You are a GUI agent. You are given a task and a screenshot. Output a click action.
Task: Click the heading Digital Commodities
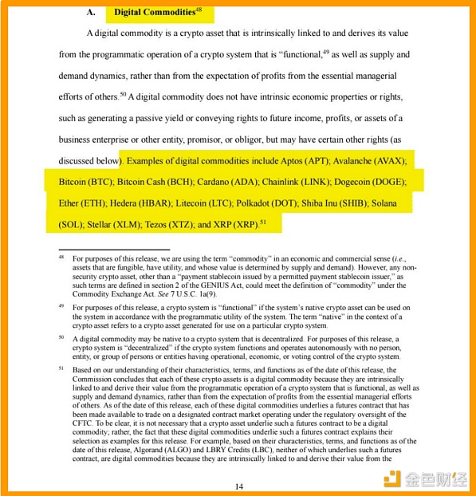[153, 12]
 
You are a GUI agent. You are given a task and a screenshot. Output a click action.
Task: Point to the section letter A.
[90, 13]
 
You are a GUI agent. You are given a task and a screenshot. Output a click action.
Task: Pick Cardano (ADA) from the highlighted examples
[232, 183]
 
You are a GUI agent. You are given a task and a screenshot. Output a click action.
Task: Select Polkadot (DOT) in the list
[264, 204]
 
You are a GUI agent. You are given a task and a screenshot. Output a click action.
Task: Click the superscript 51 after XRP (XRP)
[263, 222]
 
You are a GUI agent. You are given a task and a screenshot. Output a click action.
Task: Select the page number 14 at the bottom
[238, 486]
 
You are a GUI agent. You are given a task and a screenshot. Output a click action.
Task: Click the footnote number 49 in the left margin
[61, 305]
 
